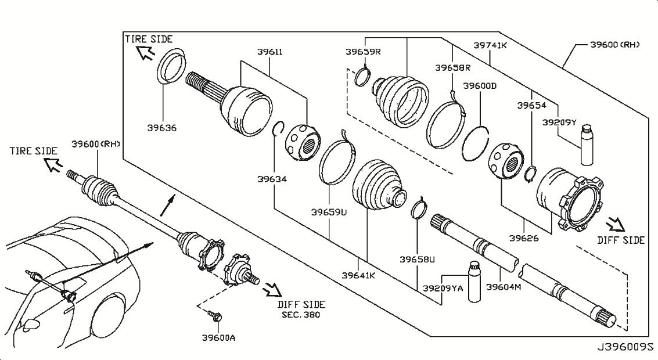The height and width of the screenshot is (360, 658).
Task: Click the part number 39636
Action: tap(162, 128)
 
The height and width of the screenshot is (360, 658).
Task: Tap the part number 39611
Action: tap(270, 52)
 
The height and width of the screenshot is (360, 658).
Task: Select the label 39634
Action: tap(272, 179)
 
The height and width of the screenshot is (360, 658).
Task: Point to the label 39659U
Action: tap(329, 212)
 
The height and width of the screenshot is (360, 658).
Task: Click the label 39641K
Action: tap(358, 275)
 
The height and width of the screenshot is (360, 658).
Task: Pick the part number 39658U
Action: tap(417, 259)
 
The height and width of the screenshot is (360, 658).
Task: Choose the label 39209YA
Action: tap(443, 288)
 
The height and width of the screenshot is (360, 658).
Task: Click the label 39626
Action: tap(524, 238)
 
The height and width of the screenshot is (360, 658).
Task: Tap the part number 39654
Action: tap(532, 106)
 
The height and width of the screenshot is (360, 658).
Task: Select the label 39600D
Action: tap(480, 85)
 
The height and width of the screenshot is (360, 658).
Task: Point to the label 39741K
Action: tap(490, 45)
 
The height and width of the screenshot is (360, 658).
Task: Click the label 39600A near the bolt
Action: tap(218, 337)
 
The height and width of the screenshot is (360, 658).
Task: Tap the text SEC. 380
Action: tap(301, 315)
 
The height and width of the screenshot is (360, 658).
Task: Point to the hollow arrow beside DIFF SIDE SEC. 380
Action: tap(271, 289)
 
